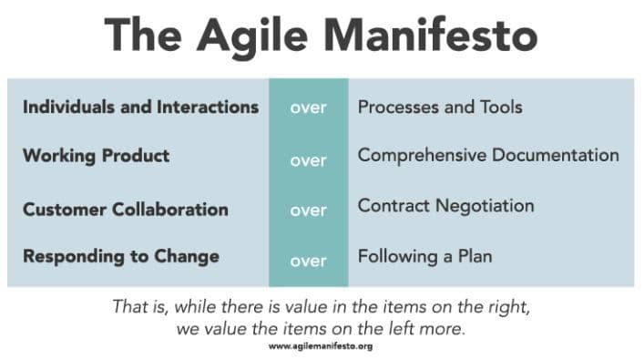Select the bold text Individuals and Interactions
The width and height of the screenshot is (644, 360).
[x=140, y=107]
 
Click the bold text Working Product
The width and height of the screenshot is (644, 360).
[x=96, y=156]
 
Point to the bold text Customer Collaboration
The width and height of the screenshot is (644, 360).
[x=125, y=209]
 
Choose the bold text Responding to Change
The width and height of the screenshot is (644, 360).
[x=120, y=256]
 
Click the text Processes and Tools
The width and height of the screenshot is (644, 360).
[x=440, y=107]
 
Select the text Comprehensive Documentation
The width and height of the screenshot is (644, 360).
[x=488, y=155]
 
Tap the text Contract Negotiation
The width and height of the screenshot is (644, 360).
[x=445, y=206]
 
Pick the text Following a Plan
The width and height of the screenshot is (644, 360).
[x=424, y=256]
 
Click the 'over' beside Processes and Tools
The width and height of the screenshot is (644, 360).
[x=308, y=108]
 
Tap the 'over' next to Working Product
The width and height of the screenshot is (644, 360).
[x=308, y=160]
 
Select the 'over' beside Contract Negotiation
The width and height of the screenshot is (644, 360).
[x=308, y=210]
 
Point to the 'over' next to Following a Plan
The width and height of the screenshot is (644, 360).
[x=308, y=261]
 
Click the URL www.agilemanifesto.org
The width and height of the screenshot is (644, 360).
[x=320, y=346]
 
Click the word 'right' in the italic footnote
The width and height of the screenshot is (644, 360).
[x=507, y=307]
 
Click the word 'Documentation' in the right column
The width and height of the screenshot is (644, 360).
[x=555, y=155]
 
